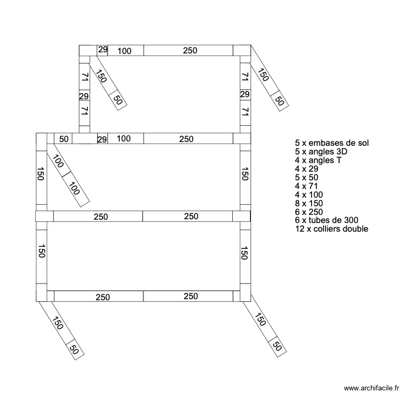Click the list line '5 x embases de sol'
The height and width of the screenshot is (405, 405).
point(331,143)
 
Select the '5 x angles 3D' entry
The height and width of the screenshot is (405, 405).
point(321,152)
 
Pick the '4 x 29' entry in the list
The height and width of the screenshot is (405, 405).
point(307,169)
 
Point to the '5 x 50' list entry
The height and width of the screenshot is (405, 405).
point(307,178)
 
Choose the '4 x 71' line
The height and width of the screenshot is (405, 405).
point(307,186)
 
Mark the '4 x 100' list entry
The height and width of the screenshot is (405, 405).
point(309,195)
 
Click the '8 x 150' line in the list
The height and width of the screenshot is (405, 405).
point(309,204)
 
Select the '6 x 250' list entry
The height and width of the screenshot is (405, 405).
point(309,212)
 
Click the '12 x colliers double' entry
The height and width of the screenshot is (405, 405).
point(332,229)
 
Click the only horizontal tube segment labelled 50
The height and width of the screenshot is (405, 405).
point(64,139)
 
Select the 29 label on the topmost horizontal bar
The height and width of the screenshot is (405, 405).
point(103,50)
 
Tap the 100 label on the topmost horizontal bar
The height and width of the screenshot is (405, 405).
point(124,51)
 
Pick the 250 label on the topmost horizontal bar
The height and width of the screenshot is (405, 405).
point(190,51)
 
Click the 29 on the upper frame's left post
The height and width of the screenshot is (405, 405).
point(84,96)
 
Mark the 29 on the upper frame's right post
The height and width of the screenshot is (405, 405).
point(245,94)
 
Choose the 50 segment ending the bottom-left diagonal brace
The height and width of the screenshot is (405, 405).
point(74,349)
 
